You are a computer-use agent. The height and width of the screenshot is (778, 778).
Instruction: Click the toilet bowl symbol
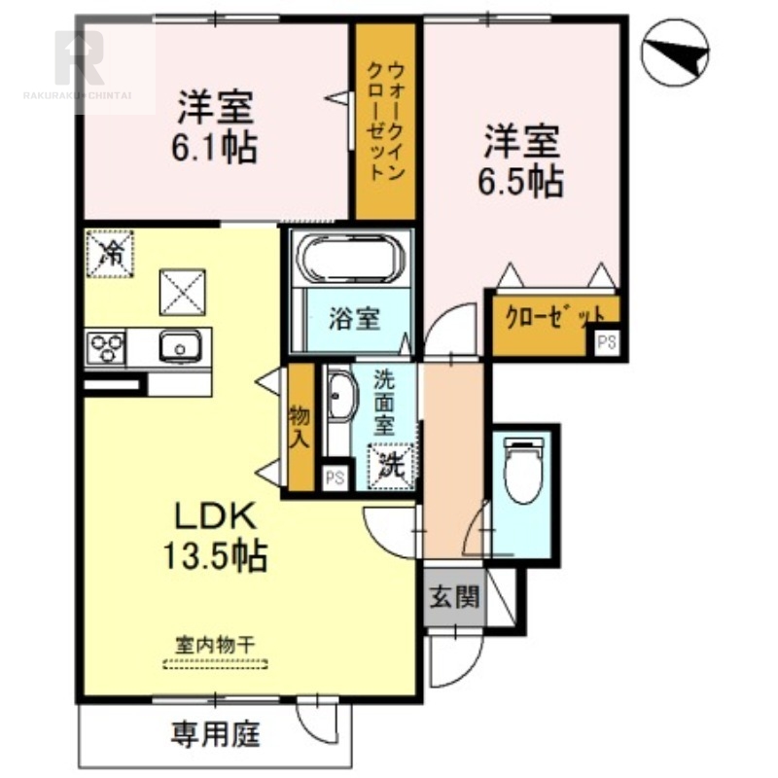click(522, 470)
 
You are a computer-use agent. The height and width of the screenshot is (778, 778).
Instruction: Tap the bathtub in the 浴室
click(350, 258)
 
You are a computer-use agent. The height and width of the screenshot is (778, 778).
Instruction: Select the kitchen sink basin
click(180, 346)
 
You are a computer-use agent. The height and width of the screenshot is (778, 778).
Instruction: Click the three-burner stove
click(106, 348)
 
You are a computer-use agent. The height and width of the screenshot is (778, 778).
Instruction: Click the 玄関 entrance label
click(454, 597)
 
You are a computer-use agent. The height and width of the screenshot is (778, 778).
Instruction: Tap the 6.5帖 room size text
click(520, 182)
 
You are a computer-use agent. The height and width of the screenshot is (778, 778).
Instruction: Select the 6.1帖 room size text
click(214, 148)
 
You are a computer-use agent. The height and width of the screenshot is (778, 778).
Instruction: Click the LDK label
click(215, 516)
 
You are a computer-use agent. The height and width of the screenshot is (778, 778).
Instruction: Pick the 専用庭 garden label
click(215, 734)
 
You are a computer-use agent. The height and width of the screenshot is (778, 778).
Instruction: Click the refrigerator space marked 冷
click(110, 253)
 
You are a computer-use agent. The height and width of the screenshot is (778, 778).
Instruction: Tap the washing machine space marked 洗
click(391, 466)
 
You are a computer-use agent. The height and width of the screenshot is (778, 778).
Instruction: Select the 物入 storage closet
click(301, 428)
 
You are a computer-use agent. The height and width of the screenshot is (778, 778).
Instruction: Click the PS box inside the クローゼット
click(606, 342)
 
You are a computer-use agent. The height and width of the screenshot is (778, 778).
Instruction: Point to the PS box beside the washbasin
click(335, 477)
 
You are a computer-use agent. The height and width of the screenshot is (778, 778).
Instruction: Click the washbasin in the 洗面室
click(341, 396)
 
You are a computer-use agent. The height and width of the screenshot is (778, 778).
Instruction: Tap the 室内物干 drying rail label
click(215, 646)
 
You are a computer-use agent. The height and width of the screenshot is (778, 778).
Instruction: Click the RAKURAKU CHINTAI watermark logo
click(78, 64)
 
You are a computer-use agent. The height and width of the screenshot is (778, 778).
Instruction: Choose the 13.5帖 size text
click(215, 555)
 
